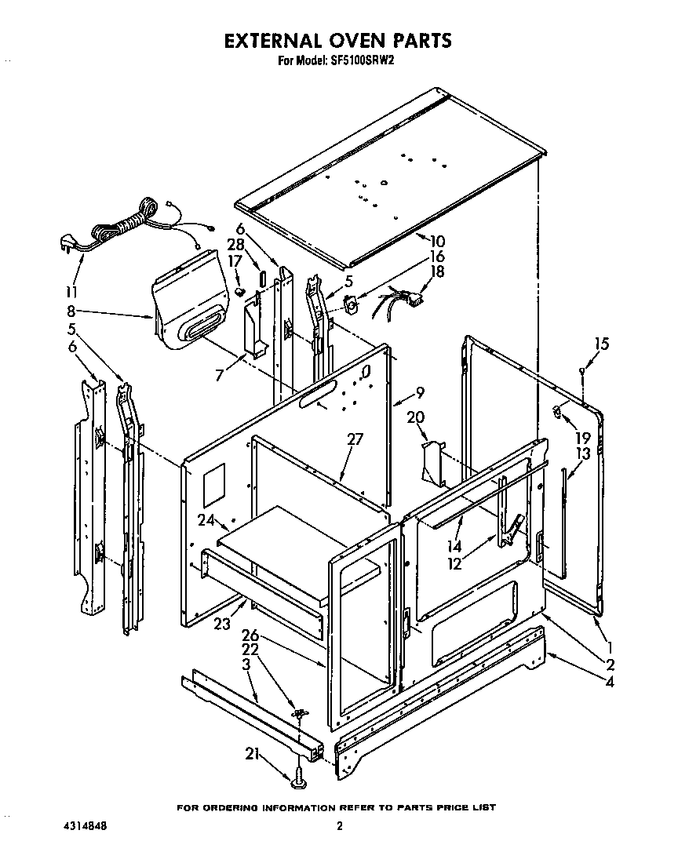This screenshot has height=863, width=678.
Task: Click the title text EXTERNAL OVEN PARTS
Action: [338, 40]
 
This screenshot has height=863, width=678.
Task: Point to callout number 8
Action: [71, 311]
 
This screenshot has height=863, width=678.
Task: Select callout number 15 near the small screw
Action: [601, 344]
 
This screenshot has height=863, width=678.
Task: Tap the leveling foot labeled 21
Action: [301, 779]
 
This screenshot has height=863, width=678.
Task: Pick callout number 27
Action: [355, 439]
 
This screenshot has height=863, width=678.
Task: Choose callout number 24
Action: [206, 519]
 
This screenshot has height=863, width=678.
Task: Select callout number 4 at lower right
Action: [609, 681]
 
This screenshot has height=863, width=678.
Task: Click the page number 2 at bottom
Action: [339, 826]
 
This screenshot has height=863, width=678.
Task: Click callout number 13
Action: [582, 453]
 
